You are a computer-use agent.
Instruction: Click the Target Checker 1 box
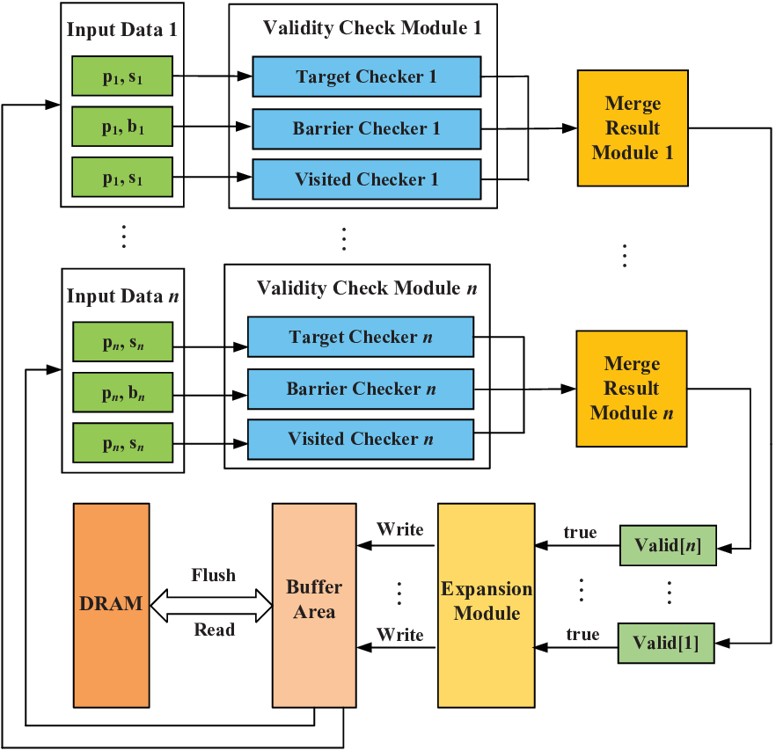(367, 76)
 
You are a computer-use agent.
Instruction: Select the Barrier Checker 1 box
(367, 128)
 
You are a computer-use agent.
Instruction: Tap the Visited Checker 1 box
(367, 179)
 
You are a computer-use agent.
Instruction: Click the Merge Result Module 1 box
(633, 128)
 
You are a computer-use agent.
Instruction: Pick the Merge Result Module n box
(632, 389)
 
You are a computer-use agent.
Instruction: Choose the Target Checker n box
(361, 337)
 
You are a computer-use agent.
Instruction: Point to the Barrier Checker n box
(361, 389)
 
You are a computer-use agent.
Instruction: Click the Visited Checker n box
(361, 440)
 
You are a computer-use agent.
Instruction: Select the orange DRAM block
(112, 606)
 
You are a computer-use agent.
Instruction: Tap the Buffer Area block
(314, 606)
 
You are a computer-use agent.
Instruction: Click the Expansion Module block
(486, 606)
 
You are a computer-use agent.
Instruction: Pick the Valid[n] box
(668, 545)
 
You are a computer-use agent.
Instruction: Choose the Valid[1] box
(666, 643)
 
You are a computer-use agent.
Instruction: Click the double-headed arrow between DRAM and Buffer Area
(211, 606)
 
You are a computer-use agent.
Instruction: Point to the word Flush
(214, 575)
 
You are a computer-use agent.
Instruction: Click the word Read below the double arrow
(215, 630)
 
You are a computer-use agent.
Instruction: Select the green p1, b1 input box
(122, 127)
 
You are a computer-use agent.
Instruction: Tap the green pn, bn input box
(123, 392)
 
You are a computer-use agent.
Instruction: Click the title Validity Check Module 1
(372, 28)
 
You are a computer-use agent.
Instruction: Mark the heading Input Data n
(123, 295)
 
